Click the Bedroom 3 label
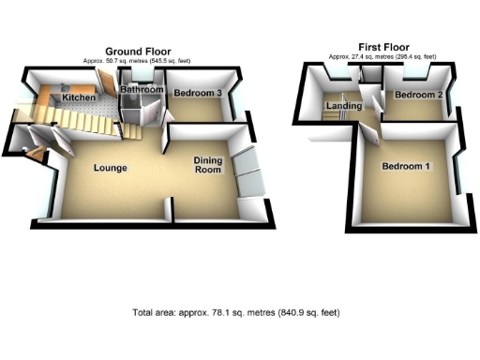tap(197, 93)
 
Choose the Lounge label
tap(110, 168)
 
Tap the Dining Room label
tap(207, 166)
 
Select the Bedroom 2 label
tap(418, 96)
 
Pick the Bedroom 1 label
tap(406, 167)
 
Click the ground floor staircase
tap(89, 117)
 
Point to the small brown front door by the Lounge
tap(35, 148)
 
